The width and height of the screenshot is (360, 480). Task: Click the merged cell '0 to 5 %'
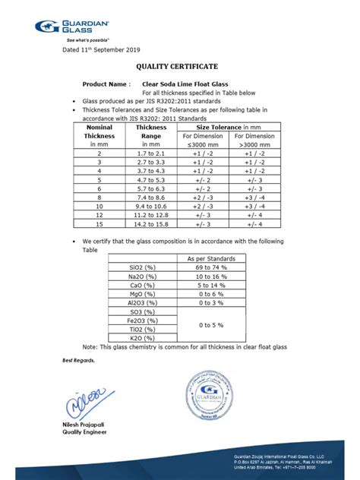point(212,325)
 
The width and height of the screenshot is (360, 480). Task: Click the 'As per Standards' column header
point(212,259)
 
